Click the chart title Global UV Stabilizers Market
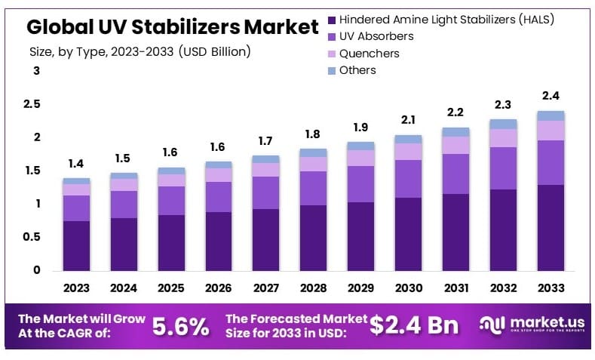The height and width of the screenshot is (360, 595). pos(172,27)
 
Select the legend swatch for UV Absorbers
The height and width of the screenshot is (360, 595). pos(331,36)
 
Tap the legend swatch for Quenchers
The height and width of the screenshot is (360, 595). pos(331,54)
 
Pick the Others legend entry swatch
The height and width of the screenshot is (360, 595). pos(331,70)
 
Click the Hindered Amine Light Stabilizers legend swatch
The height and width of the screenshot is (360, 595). pos(331,19)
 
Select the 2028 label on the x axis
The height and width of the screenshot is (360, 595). pos(313,288)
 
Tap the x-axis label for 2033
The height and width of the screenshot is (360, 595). pos(550,288)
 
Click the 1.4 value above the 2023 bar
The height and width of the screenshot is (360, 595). pos(76,164)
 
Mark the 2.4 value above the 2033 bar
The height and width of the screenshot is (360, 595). pos(550,96)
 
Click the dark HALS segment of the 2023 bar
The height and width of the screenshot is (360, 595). pos(76,246)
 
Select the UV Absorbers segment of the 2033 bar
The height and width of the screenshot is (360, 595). pos(550,162)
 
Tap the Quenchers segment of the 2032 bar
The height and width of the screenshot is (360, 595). pos(503,137)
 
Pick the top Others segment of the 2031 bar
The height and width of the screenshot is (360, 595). pos(455,132)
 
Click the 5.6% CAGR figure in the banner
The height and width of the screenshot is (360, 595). pos(180,326)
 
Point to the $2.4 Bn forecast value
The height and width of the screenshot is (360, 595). pos(414,325)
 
